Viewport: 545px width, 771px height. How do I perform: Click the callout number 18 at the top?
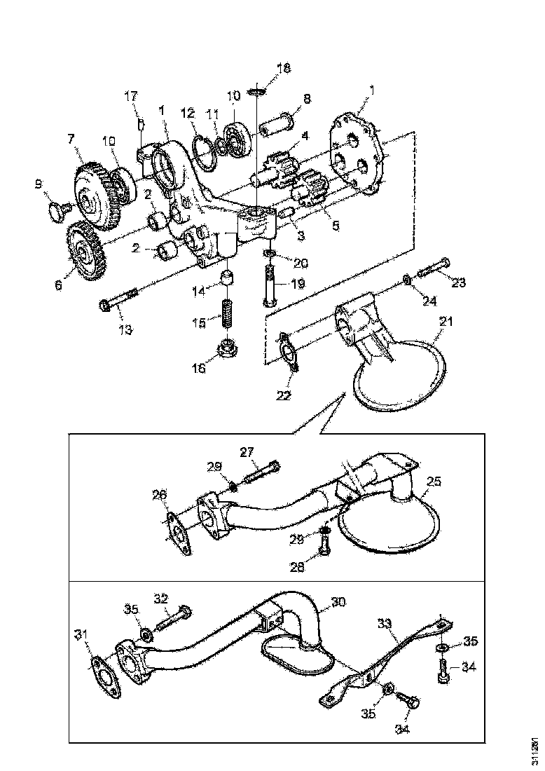(283, 69)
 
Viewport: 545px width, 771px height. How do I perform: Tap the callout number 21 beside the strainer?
(446, 322)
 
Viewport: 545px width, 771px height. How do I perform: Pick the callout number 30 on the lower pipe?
(339, 601)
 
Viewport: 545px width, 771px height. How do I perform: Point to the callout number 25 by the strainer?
(434, 482)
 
